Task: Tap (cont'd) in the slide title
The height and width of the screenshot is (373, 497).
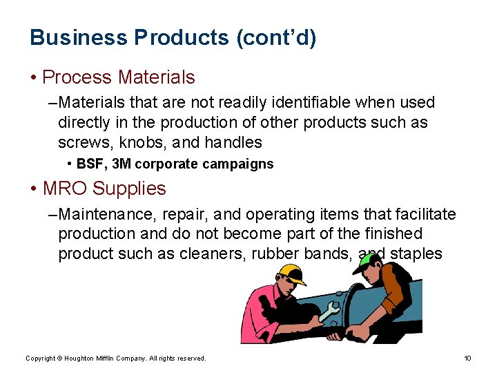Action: [x=276, y=37]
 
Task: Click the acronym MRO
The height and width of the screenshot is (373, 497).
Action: [x=66, y=189]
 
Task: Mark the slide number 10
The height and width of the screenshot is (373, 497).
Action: [x=467, y=358]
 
